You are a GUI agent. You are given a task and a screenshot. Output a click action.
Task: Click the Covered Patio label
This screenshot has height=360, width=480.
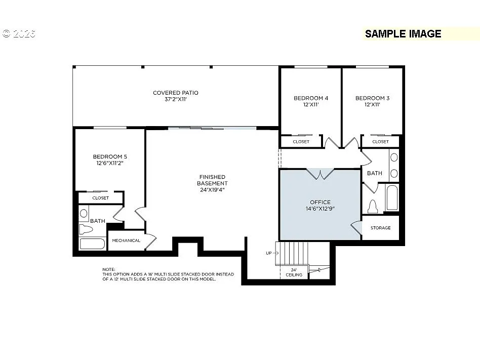[175, 93]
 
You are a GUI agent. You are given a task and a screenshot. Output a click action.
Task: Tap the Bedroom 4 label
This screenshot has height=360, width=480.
[311, 98]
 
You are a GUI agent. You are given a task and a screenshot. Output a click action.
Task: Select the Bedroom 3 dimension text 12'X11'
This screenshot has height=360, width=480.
[372, 105]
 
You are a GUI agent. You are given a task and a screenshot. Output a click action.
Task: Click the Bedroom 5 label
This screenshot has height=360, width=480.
[109, 157]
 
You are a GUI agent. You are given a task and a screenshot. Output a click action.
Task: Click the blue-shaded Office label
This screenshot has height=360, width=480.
[320, 202]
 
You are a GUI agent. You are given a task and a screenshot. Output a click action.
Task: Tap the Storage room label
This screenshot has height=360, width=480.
[380, 228]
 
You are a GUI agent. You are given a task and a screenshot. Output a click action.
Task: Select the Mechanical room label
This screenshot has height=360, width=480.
[126, 241]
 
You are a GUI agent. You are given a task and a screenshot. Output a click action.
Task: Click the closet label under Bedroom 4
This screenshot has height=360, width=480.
[301, 142]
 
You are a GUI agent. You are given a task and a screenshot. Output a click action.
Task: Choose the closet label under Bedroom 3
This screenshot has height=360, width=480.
[380, 142]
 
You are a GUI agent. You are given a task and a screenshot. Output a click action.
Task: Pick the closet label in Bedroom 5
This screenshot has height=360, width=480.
[100, 198]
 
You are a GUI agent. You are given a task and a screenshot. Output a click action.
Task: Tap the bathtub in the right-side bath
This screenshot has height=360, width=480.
[392, 198]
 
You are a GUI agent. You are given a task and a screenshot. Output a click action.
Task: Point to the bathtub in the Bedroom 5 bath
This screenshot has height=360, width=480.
[93, 244]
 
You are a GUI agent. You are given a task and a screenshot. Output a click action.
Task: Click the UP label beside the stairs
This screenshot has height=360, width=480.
[269, 253]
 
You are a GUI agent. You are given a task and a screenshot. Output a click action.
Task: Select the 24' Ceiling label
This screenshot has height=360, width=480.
[294, 272]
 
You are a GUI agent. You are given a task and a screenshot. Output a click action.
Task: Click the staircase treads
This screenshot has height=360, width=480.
[294, 252]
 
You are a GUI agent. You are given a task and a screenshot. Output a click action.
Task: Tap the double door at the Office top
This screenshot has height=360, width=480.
[320, 174]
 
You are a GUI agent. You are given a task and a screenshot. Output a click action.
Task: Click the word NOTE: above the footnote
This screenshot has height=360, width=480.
[108, 269]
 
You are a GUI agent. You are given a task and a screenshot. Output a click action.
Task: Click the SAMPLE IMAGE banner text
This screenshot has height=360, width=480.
[403, 34]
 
